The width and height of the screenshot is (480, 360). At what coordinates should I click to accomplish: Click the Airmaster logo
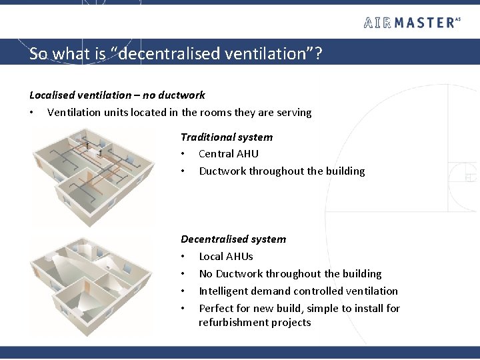coord(412,23)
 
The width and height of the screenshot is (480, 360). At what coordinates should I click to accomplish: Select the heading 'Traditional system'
coord(227,137)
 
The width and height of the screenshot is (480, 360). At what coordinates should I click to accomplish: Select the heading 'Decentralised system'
coord(233,239)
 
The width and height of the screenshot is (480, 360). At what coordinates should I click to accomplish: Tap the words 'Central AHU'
coord(229,154)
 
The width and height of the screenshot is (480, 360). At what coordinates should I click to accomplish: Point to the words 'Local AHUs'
coord(226,257)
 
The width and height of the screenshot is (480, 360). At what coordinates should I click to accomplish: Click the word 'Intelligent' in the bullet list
coord(223,291)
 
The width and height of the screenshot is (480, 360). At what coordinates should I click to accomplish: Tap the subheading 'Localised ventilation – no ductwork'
coord(117,95)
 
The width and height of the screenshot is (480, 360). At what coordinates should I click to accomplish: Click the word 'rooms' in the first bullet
coord(210,113)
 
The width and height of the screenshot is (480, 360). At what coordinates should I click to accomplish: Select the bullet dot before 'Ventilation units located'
coord(32,113)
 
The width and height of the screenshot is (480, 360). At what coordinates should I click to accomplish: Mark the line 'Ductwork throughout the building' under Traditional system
coord(282,171)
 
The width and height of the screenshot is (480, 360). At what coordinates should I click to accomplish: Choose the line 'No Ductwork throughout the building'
coord(290,274)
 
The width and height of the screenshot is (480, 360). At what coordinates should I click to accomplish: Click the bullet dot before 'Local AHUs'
coord(183,257)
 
